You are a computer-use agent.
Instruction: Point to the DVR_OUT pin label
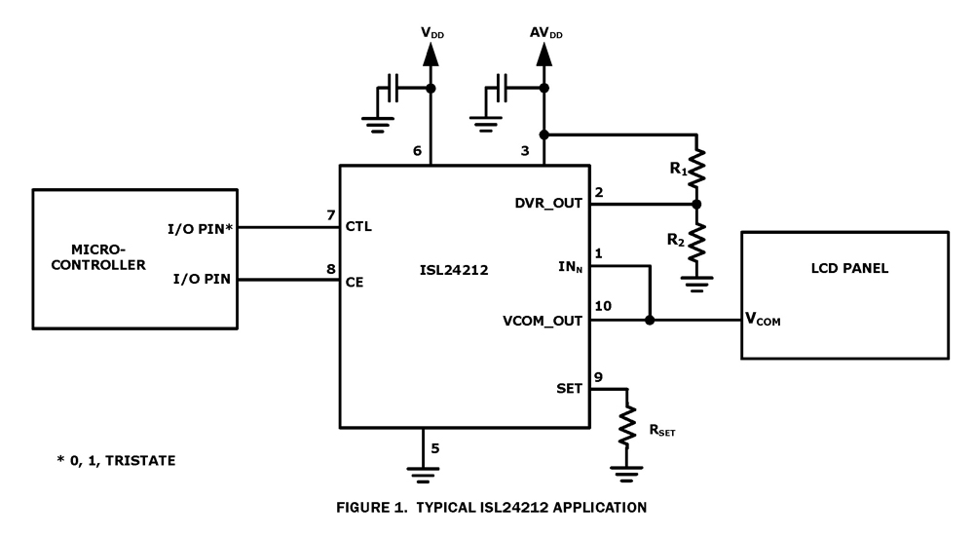tap(548, 205)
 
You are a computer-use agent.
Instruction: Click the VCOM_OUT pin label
tap(543, 320)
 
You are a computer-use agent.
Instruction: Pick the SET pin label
tap(567, 388)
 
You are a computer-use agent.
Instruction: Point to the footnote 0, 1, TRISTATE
tap(116, 459)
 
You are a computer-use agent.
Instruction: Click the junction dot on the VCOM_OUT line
tap(650, 320)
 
